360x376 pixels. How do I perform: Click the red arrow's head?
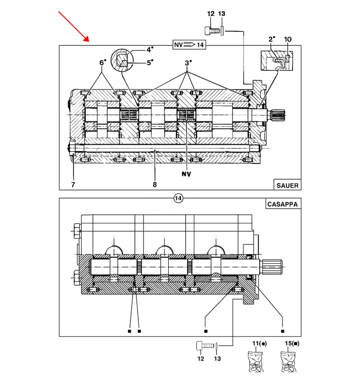point(87,39)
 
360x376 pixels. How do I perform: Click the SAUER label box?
point(287,184)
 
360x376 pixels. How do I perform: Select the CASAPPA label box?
point(283,204)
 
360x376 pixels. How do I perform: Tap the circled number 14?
point(178,199)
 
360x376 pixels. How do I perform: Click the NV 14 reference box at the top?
point(189,44)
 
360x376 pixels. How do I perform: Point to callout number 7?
point(73,184)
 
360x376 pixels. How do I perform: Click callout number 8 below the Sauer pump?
point(155,184)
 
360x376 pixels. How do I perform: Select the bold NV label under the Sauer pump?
point(187,174)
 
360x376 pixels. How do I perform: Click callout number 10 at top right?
point(287,39)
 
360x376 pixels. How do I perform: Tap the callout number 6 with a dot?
point(103,63)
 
